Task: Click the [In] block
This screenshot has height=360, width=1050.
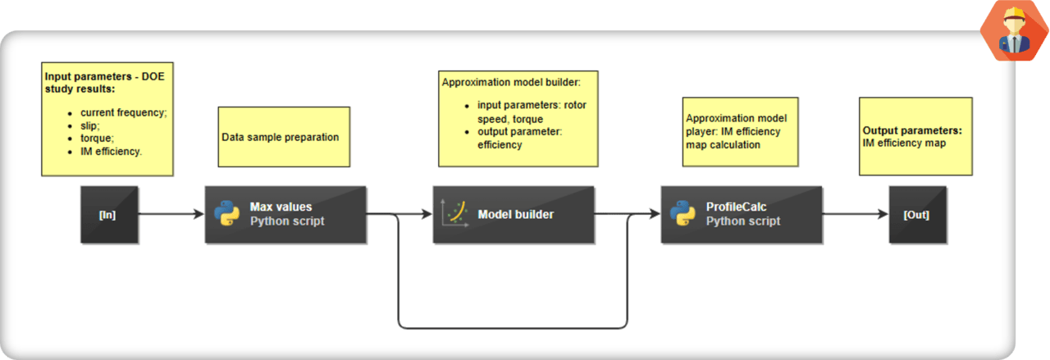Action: click(x=108, y=215)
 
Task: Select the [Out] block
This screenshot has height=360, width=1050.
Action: click(x=917, y=215)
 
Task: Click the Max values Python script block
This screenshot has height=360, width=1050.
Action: click(x=285, y=215)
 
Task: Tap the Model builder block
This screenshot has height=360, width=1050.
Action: click(x=513, y=215)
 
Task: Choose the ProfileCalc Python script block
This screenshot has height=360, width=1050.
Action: click(x=741, y=215)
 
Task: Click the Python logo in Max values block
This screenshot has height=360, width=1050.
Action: click(x=227, y=214)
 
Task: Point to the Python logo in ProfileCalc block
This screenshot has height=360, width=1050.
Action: click(x=683, y=214)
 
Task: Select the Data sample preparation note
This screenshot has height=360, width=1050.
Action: click(x=284, y=137)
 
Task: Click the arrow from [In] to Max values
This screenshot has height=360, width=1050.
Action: click(x=170, y=214)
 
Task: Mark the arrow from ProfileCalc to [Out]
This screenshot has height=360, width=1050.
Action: click(x=855, y=214)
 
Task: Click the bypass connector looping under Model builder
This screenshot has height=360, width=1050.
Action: click(x=513, y=328)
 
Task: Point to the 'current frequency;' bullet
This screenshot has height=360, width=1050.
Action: click(x=123, y=112)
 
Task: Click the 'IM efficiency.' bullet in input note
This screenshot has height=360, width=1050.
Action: click(x=111, y=151)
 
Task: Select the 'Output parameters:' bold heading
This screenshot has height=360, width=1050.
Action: click(x=912, y=130)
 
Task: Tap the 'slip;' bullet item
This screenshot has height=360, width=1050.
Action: click(x=91, y=125)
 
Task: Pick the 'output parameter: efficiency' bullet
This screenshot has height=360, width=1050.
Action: click(x=525, y=138)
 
